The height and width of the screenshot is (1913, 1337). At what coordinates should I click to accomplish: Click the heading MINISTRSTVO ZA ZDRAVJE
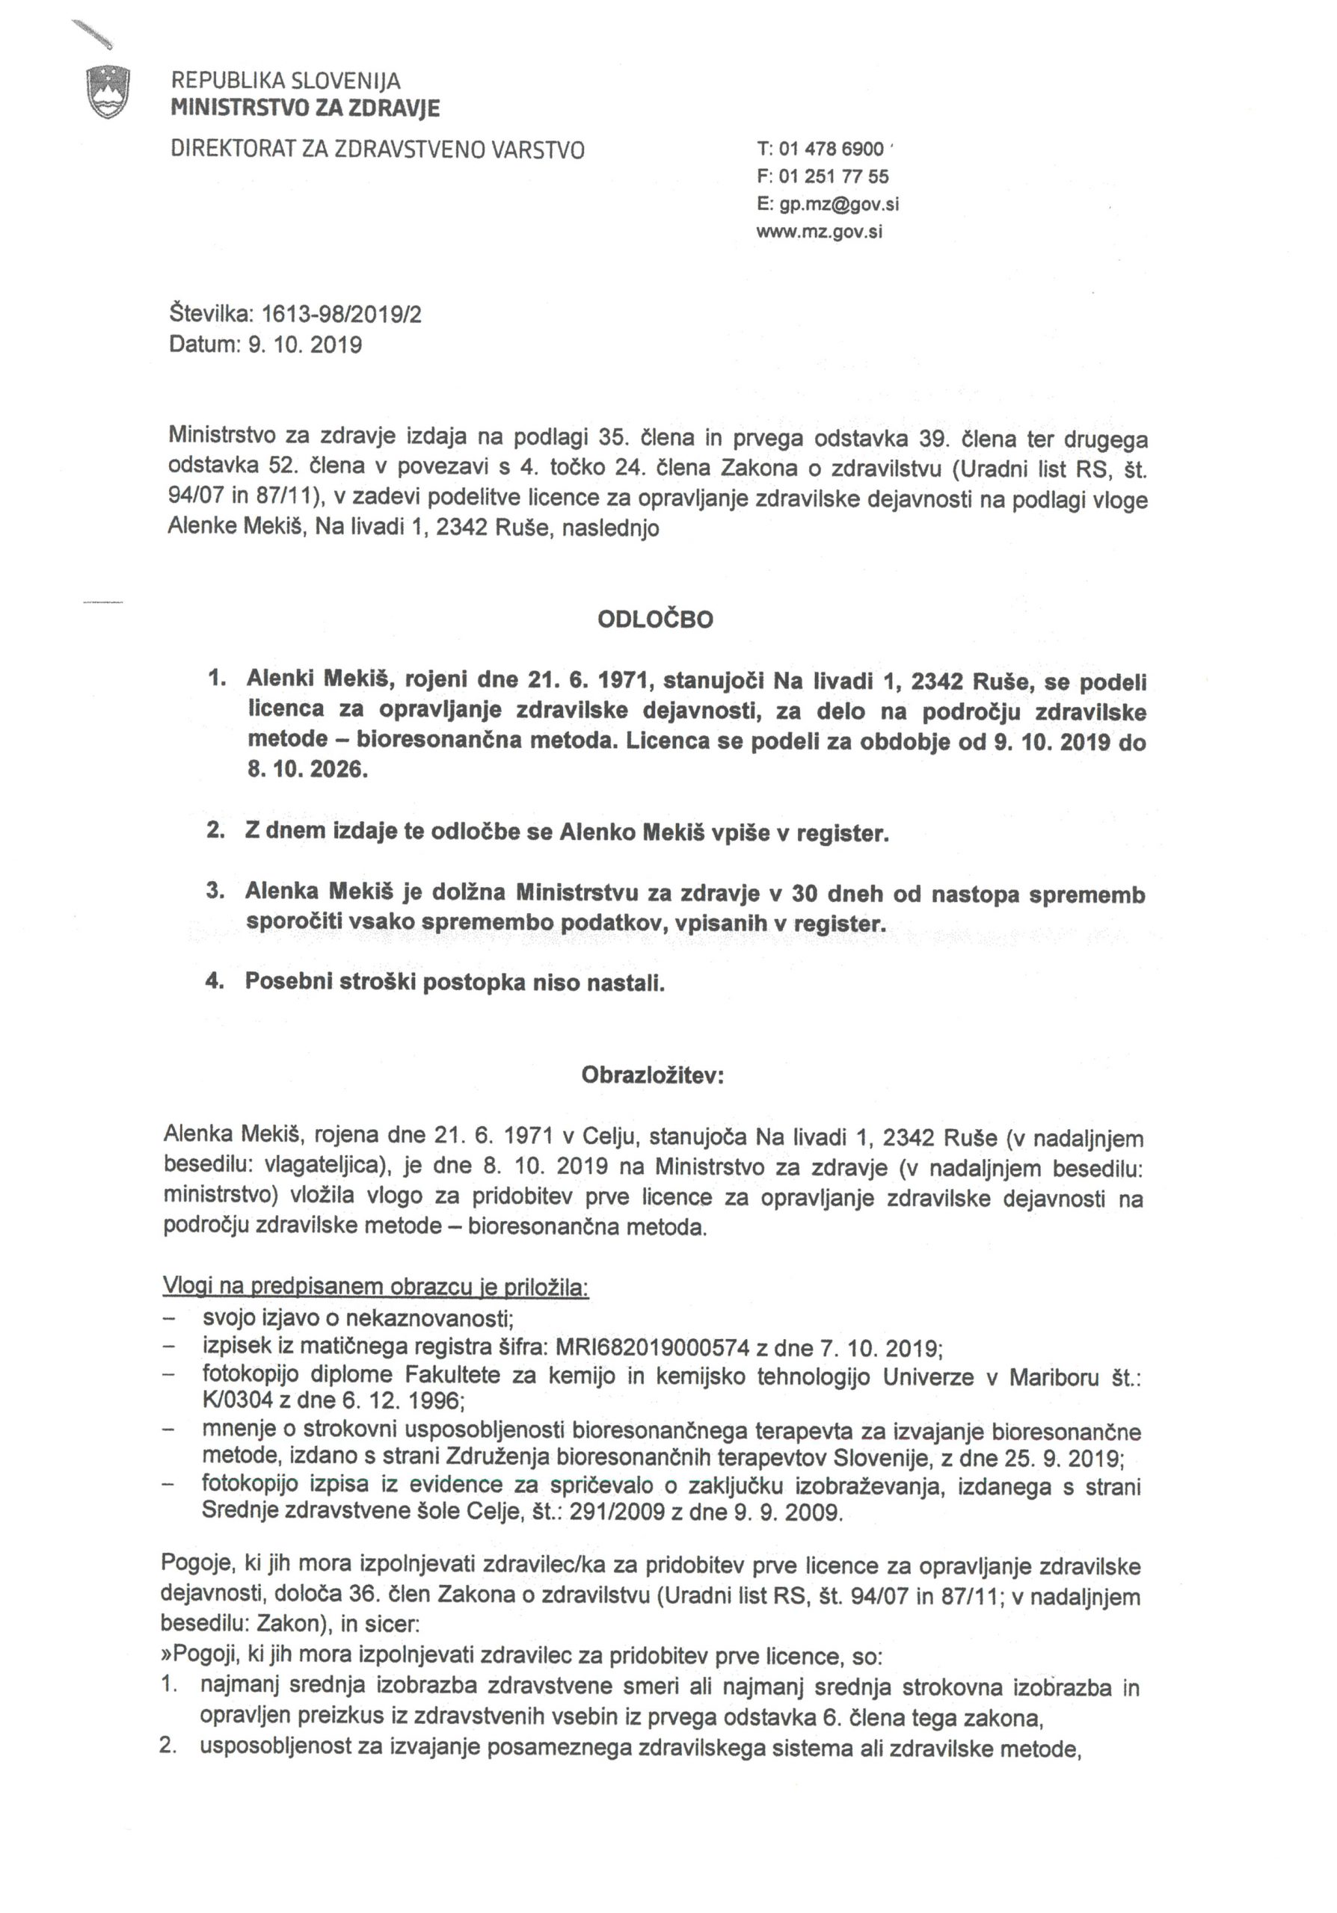point(305,108)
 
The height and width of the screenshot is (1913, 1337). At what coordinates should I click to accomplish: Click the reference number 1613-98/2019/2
point(342,314)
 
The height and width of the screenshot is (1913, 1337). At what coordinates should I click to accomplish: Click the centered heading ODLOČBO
point(655,620)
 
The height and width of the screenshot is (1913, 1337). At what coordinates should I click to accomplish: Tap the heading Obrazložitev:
point(653,1075)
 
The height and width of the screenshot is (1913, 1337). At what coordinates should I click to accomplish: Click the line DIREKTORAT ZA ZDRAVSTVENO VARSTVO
point(378,150)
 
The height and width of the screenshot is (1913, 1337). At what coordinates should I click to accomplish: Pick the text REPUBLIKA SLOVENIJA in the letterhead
point(286,81)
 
